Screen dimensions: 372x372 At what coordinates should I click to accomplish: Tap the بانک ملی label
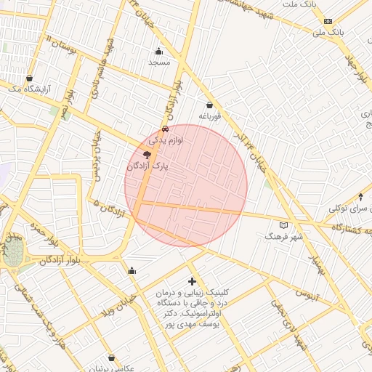[x=328, y=32]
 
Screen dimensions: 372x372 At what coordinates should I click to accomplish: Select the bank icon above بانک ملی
[x=328, y=21]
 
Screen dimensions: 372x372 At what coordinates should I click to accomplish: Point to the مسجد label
[x=158, y=62]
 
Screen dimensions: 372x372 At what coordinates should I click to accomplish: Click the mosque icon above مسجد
[x=159, y=51]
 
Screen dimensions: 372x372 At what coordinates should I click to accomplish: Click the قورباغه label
[x=209, y=116]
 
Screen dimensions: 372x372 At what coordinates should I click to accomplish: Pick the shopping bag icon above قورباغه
[x=210, y=105]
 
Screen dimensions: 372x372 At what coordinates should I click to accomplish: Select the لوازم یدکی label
[x=166, y=139]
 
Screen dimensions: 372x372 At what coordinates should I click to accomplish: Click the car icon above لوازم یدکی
[x=166, y=129]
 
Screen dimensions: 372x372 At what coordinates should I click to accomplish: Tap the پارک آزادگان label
[x=147, y=166]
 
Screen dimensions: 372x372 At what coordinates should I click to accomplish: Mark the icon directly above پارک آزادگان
[x=147, y=155]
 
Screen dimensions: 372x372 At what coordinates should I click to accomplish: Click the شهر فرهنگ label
[x=283, y=237]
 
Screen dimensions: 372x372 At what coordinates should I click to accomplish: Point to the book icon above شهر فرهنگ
[x=283, y=225]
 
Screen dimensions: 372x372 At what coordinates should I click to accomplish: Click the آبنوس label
[x=307, y=294]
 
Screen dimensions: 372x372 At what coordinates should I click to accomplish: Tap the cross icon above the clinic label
[x=192, y=280]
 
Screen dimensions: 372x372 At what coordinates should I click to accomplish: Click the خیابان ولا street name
[x=120, y=302]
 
